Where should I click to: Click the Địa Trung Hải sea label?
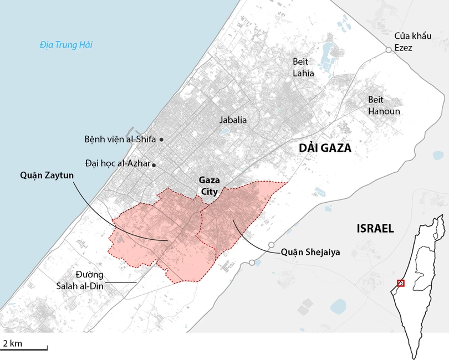[x=66, y=45]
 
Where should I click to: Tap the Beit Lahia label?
[x=303, y=67]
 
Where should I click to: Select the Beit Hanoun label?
[x=384, y=105]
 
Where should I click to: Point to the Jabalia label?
[x=233, y=120]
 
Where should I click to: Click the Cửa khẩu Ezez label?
[x=411, y=41]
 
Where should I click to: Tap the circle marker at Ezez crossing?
[x=389, y=50]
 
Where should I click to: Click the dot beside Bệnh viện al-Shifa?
[x=161, y=140]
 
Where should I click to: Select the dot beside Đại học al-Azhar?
[x=154, y=164]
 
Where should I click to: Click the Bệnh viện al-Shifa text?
[x=120, y=140]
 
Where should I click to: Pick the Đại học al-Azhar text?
[x=118, y=164]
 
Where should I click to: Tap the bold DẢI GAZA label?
[x=325, y=148]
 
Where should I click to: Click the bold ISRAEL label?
[x=375, y=228]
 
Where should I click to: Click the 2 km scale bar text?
[x=13, y=343]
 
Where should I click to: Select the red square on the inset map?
[x=401, y=283]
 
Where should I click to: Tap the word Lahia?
[x=304, y=73]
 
